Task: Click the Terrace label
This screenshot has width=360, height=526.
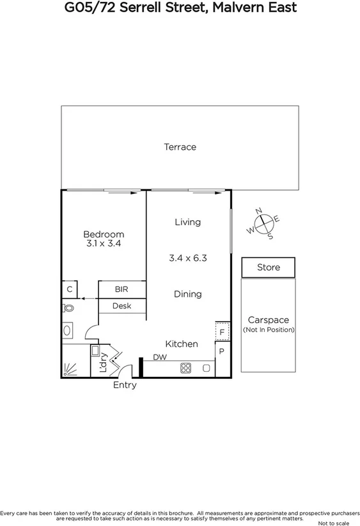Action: coord(180,147)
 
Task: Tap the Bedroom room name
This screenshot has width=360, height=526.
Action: coord(104,234)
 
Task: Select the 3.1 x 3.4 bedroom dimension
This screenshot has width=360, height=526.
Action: coord(104,244)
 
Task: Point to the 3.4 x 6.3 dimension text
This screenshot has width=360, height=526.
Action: coord(188,259)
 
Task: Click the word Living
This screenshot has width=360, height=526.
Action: coord(188,222)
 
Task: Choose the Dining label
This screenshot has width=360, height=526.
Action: coord(188,294)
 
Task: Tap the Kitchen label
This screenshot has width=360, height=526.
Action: coord(182,344)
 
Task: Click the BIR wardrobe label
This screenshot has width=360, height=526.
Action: coord(121,289)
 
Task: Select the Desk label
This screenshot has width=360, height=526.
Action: coord(121,306)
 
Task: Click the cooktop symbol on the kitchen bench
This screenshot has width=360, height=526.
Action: coord(186,368)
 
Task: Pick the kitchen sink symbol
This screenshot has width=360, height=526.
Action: coord(206,368)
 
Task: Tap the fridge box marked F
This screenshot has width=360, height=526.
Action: coord(222,332)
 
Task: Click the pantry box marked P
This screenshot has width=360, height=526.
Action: coord(222,351)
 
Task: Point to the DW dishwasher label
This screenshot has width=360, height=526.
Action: coord(160,358)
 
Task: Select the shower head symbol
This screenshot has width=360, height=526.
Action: coord(69,370)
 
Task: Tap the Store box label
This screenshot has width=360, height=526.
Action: coord(269,267)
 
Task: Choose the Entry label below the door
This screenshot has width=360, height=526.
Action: coord(125,386)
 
